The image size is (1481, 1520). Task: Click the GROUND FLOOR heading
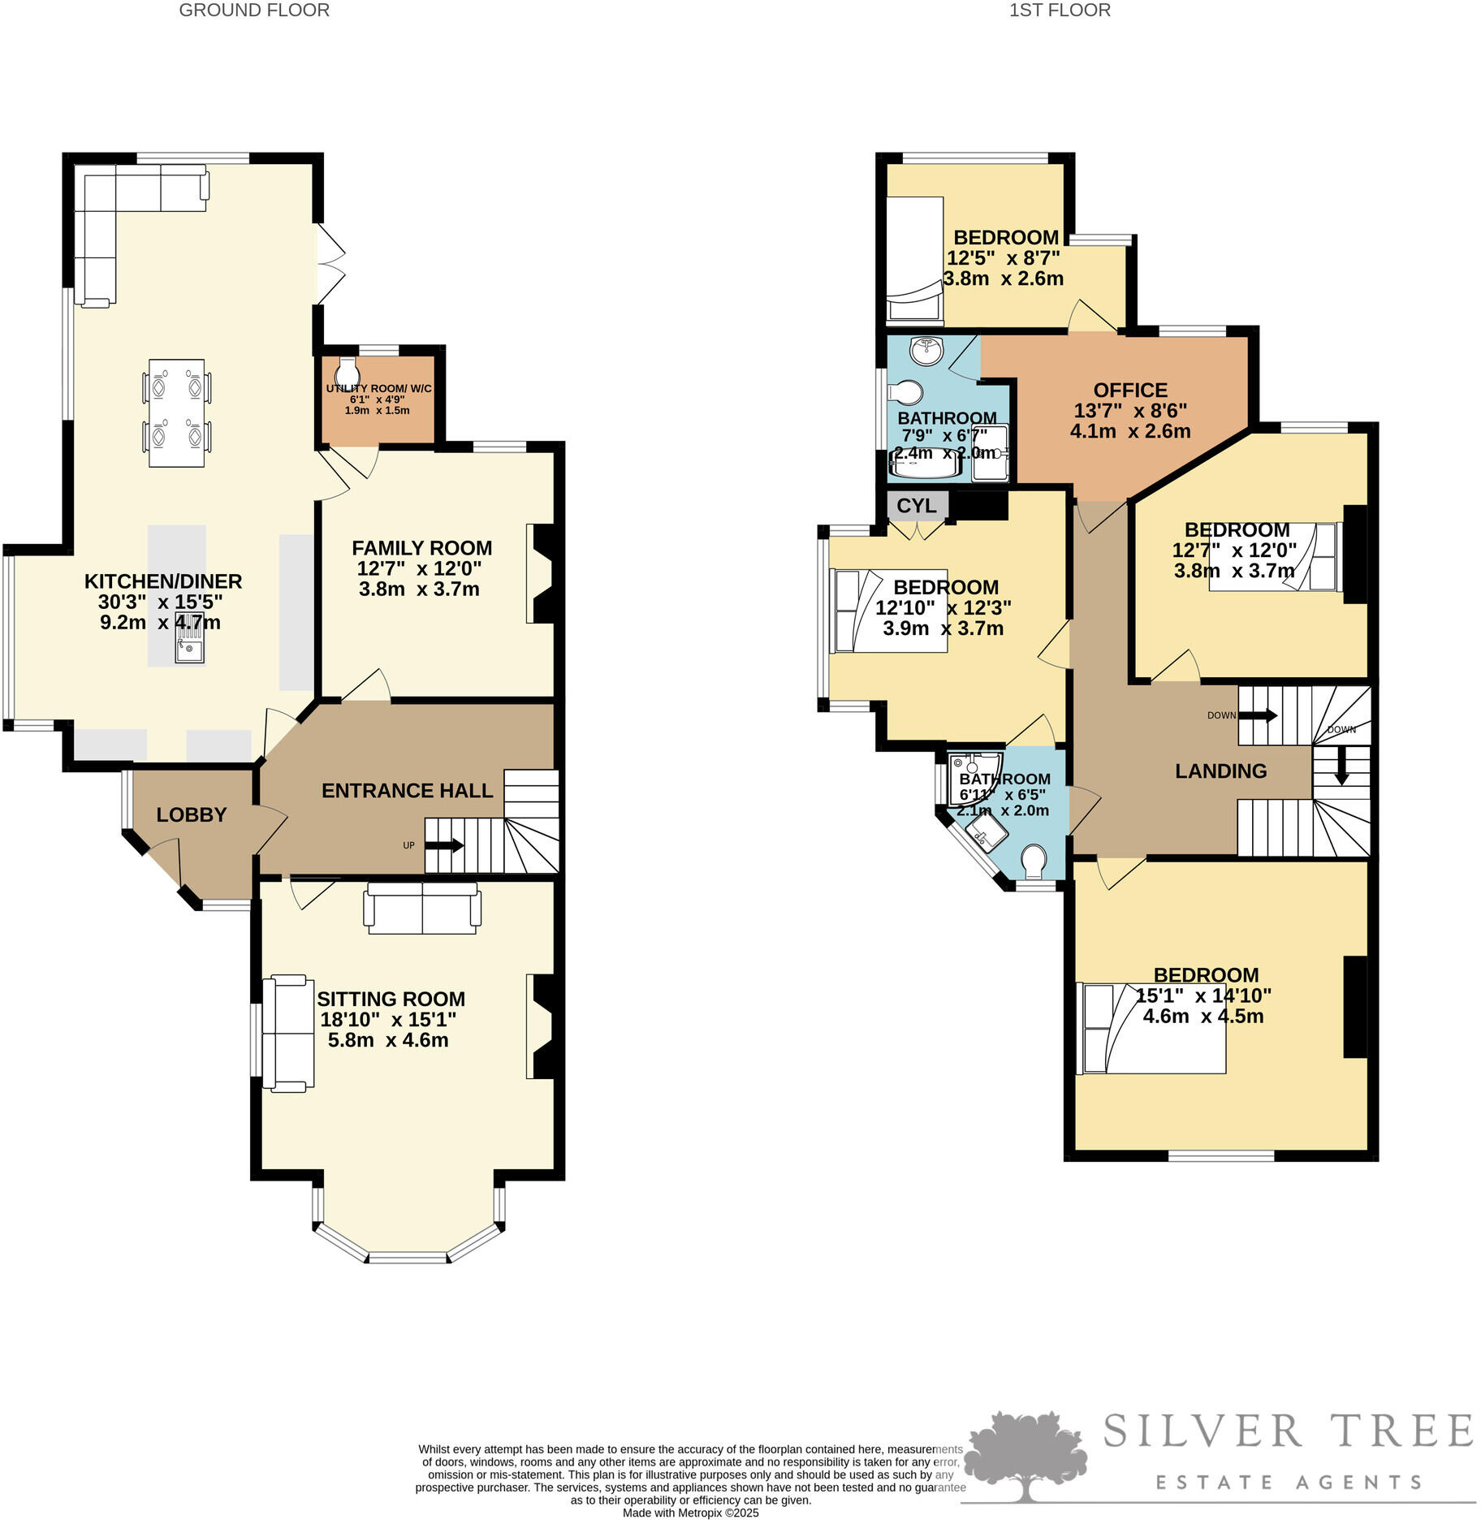pyautogui.click(x=254, y=11)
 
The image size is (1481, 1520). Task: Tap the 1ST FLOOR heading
pyautogui.click(x=1059, y=11)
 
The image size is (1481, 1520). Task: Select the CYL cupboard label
pyautogui.click(x=916, y=505)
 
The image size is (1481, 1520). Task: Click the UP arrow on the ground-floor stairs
pyautogui.click(x=443, y=845)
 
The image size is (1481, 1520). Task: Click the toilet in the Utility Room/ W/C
pyautogui.click(x=348, y=373)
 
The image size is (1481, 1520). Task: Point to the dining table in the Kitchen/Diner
pyautogui.click(x=176, y=412)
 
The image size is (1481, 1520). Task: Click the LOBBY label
pyautogui.click(x=192, y=814)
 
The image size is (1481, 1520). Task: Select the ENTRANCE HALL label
pyautogui.click(x=407, y=790)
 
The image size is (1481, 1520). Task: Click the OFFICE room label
pyautogui.click(x=1129, y=390)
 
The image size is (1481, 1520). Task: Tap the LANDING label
pyautogui.click(x=1220, y=771)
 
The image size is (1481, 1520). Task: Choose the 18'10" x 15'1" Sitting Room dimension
pyautogui.click(x=388, y=1019)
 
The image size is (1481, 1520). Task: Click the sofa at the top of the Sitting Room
pyautogui.click(x=422, y=908)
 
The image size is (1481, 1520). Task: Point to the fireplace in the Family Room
pyautogui.click(x=542, y=573)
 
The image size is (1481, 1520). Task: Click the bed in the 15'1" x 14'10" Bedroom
pyautogui.click(x=1151, y=1028)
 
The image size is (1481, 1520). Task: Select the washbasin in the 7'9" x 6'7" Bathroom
pyautogui.click(x=926, y=351)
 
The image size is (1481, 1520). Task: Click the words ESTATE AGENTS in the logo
pyautogui.click(x=1289, y=1483)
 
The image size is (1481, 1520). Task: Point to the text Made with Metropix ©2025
pyautogui.click(x=690, y=1513)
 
